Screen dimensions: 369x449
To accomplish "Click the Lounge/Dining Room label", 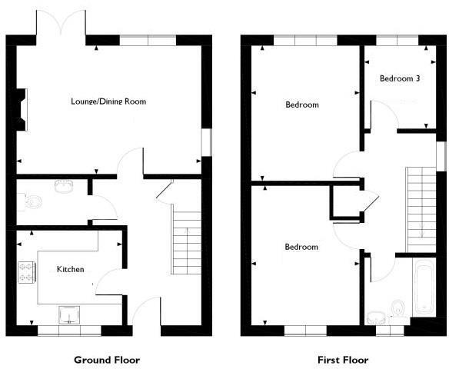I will point(108,101).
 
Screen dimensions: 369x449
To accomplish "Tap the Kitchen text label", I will point(70,269).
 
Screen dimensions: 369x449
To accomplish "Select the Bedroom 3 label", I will point(400,78).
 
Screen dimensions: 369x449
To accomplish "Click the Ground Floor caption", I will point(107,359).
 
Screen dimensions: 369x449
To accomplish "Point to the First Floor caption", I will point(343,359).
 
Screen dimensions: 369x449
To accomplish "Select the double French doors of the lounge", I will point(61,25).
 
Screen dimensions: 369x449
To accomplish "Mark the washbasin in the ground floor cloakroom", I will point(64,184).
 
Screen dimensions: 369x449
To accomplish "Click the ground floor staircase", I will point(185,245).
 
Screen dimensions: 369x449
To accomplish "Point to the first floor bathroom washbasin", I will point(376,316).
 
